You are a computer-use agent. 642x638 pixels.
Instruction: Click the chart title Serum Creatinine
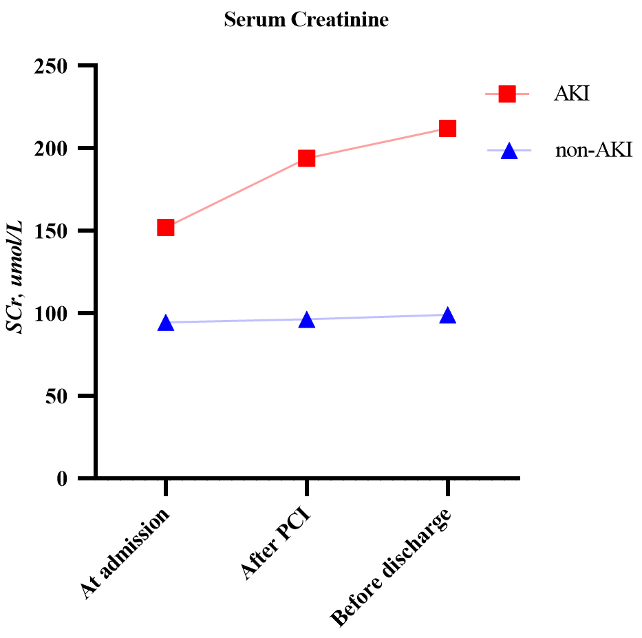[306, 21]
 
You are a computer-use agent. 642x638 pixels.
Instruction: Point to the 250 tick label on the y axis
[56, 66]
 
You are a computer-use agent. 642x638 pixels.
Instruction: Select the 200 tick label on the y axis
[56, 149]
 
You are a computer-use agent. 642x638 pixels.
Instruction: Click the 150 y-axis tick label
[56, 231]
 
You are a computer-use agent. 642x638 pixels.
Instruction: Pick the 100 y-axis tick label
[56, 314]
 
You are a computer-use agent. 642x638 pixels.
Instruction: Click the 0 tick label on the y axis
[66, 479]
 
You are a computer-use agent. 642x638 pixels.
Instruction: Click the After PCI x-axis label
[275, 544]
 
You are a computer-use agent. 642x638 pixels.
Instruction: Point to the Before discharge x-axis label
[393, 568]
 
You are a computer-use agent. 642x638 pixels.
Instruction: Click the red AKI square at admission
[165, 228]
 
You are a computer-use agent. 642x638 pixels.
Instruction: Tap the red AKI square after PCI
[306, 158]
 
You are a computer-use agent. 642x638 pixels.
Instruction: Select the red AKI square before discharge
[447, 129]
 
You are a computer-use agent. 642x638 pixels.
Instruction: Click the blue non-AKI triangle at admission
[165, 323]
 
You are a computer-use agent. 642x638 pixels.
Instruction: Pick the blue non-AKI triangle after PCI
[306, 320]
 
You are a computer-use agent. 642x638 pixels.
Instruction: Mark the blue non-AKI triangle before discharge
[447, 316]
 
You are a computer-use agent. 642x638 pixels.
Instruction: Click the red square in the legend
[507, 94]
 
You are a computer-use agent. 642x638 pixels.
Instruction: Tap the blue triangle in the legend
[508, 151]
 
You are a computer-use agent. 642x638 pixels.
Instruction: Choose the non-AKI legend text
[593, 151]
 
